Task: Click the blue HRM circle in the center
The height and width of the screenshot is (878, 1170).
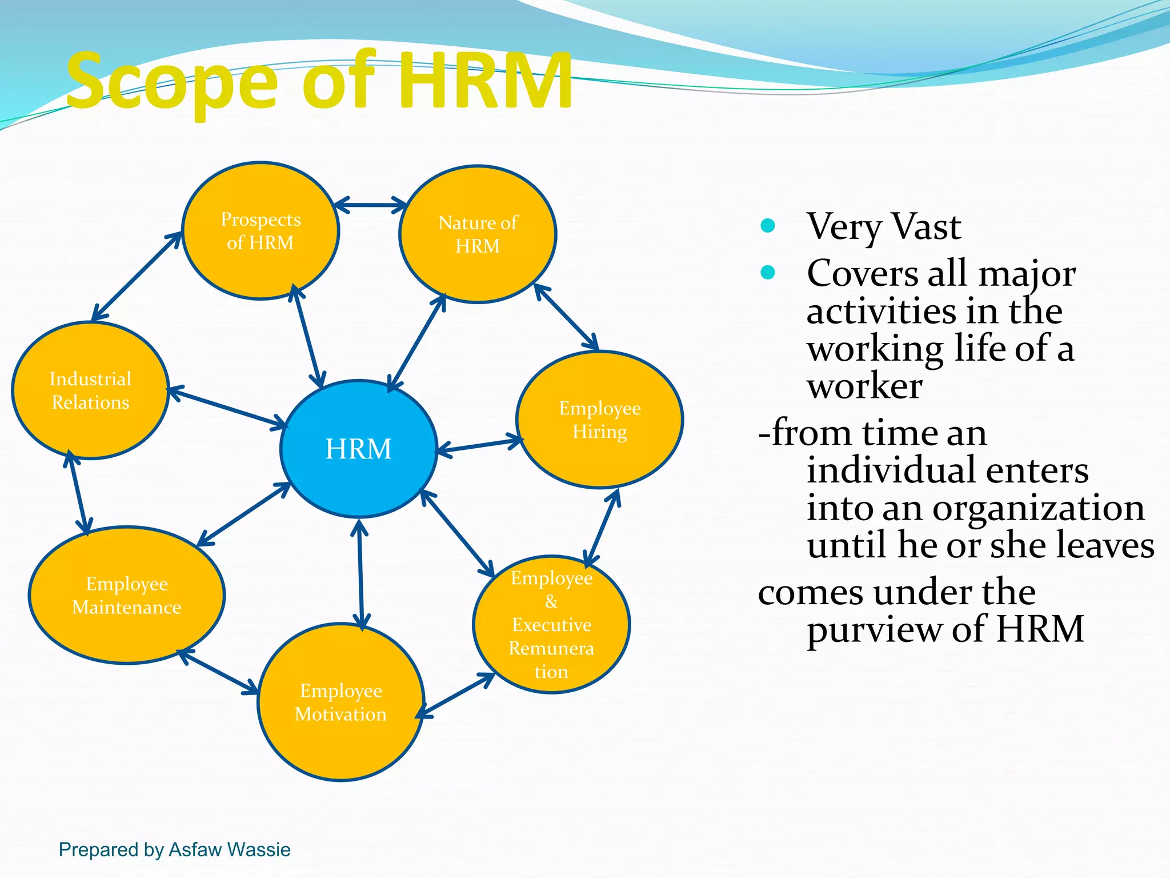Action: click(359, 449)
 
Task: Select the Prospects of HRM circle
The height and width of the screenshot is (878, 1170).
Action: click(261, 231)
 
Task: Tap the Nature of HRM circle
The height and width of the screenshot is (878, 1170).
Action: click(478, 234)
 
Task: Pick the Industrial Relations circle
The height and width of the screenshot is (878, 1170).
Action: click(90, 390)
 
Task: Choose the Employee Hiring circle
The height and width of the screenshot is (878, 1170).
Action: click(599, 420)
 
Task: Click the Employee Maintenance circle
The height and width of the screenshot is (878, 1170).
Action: click(126, 595)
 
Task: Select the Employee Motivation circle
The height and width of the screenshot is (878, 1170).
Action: click(341, 703)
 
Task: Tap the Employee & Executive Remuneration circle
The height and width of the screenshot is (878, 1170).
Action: click(551, 624)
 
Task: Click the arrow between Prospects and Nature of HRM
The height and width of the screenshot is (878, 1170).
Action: click(370, 205)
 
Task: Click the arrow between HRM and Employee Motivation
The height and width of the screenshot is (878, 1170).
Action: click(360, 574)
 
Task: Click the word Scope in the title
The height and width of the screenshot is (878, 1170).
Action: click(171, 81)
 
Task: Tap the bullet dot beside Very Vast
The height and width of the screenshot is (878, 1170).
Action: click(768, 226)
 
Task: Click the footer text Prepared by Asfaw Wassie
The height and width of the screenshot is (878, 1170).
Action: click(175, 849)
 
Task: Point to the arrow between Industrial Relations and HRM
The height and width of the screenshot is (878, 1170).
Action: click(229, 408)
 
